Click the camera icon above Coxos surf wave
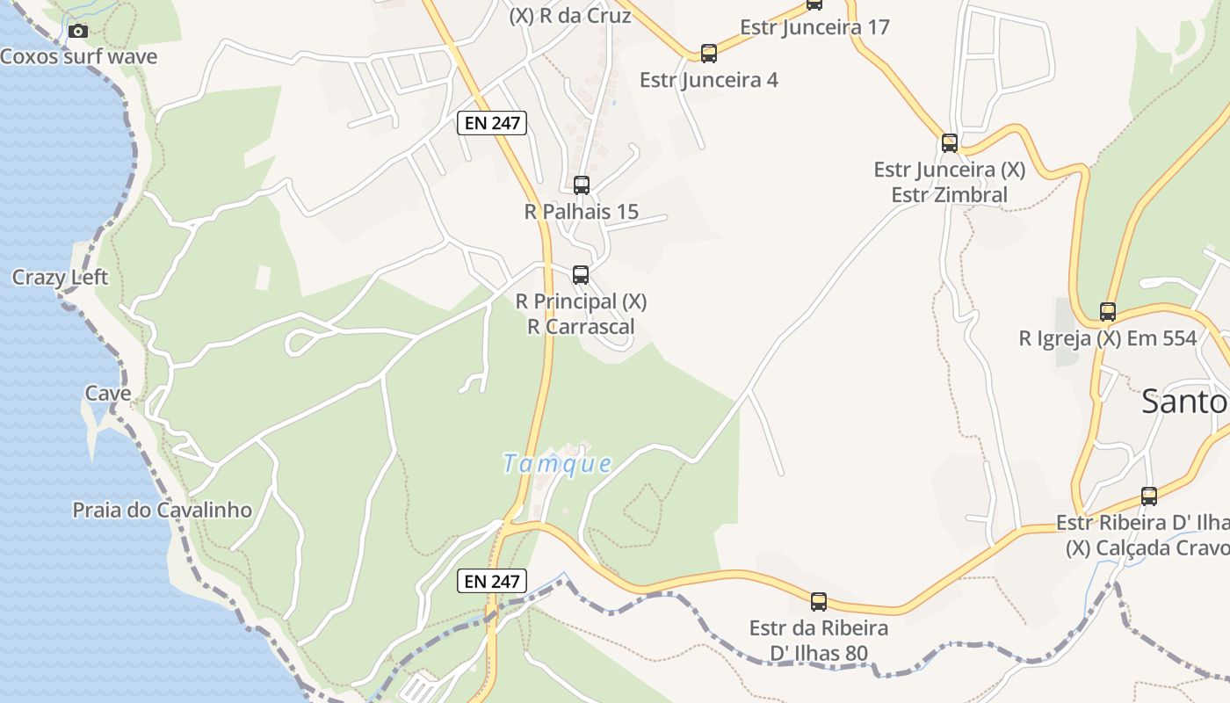coord(78,32)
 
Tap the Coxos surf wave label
coord(79,57)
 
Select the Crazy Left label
coord(60,278)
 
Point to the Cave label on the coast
coord(108,393)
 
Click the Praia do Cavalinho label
coord(163,510)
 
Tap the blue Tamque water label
coord(557,463)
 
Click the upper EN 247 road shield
coord(492,123)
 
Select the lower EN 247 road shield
coord(492,581)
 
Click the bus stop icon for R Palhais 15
coord(582,185)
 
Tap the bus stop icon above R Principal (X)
coord(581,275)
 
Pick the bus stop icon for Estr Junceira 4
coord(709,54)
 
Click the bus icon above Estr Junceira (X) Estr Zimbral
coord(950,143)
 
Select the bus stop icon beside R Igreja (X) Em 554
coord(1108,312)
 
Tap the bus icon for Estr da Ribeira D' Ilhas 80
coord(819,602)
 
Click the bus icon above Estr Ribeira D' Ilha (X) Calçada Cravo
coord(1149,496)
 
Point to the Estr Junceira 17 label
coord(814,27)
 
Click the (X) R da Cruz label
coord(570,15)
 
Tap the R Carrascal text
coord(581,327)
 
